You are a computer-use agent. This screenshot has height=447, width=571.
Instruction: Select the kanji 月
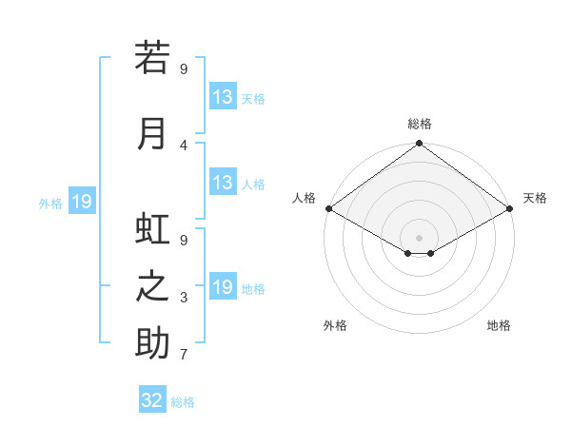152,133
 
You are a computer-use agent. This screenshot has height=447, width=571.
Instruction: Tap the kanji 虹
152,229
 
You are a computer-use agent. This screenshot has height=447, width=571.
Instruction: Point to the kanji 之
152,286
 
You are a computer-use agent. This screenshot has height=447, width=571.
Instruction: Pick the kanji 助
152,343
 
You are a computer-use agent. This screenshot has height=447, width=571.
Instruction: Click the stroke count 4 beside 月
184,146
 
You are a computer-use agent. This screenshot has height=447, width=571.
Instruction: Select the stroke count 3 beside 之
184,298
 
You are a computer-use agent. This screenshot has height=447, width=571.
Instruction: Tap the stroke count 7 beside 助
184,355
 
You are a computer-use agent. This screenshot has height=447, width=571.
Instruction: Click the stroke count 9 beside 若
184,68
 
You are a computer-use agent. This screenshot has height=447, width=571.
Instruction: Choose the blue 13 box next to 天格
223,97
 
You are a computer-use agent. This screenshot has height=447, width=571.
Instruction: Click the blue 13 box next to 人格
223,183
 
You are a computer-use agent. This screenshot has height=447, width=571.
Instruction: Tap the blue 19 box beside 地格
223,287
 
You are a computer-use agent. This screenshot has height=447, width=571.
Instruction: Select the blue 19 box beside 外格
81,202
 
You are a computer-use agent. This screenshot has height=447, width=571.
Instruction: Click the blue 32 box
152,400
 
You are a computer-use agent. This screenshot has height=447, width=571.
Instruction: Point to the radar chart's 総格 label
420,124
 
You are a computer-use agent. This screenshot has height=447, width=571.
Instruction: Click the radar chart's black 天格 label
535,198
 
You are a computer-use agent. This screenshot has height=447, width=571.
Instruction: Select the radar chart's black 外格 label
335,325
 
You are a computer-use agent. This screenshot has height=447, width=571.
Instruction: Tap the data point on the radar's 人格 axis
328,208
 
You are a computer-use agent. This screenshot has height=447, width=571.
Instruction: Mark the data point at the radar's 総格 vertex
419,145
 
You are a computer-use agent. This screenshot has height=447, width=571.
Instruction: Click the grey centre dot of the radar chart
419,236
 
